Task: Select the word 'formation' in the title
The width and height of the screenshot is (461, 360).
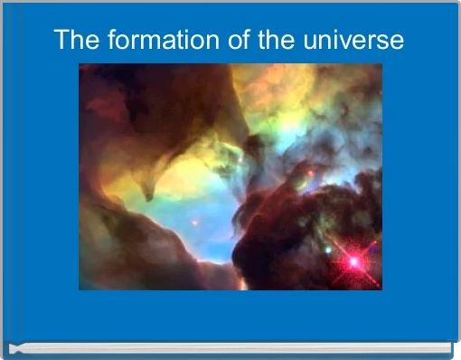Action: [148, 41]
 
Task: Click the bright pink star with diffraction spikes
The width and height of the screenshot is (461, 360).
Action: [353, 261]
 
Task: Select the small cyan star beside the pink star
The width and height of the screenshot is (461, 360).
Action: [327, 250]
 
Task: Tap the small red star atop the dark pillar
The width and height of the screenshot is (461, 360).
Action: [312, 171]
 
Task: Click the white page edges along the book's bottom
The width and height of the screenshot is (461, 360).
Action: [226, 347]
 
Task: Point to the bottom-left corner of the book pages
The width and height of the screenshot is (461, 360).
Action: [11, 349]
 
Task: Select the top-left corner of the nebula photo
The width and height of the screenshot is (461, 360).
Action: [80, 64]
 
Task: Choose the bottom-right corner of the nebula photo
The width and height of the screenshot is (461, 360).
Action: [381, 289]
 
